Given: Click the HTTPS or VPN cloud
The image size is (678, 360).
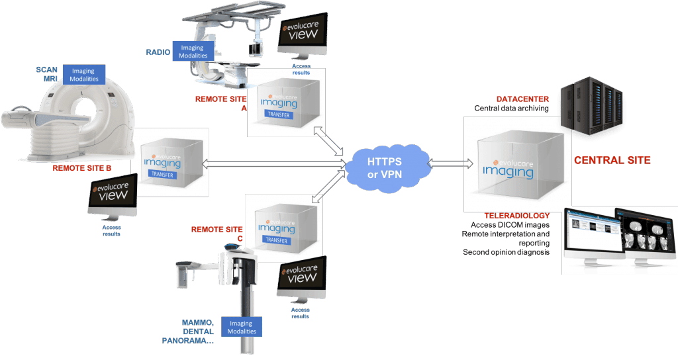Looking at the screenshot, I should tap(387, 165).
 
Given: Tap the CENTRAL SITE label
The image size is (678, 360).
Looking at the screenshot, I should tap(612, 159).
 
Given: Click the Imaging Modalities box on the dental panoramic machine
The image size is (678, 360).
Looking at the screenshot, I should tap(241, 326).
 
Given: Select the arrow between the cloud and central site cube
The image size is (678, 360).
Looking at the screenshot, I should tap(450, 163).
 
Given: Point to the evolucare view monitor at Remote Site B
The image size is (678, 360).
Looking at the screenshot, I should tap(113, 195).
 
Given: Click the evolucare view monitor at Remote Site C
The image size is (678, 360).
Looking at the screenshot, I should tap(302, 277).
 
